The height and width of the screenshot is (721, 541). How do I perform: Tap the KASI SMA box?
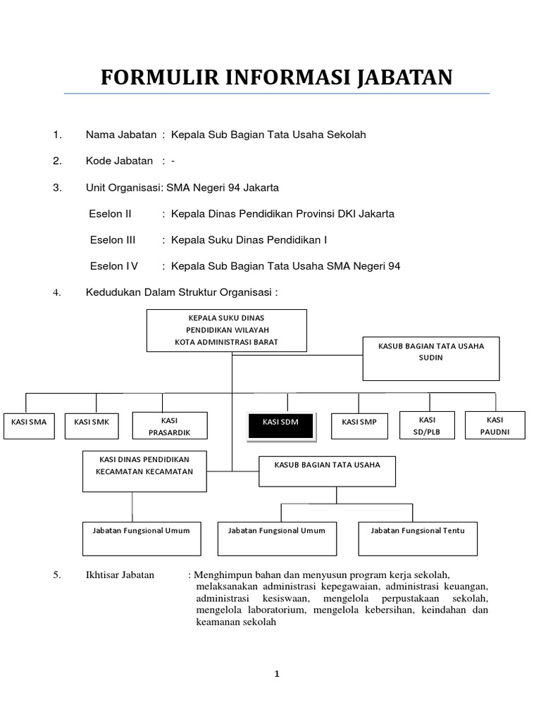pyautogui.click(x=29, y=425)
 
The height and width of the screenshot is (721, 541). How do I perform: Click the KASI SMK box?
pyautogui.click(x=92, y=425)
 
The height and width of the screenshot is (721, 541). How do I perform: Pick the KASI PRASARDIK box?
pyautogui.click(x=170, y=425)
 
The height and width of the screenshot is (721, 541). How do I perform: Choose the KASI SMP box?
pyautogui.click(x=359, y=425)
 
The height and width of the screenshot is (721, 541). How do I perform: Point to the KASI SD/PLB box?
pyautogui.click(x=427, y=425)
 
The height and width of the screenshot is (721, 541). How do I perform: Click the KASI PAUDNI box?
pyautogui.click(x=495, y=425)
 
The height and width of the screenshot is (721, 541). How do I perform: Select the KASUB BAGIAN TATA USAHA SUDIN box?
pyautogui.click(x=431, y=358)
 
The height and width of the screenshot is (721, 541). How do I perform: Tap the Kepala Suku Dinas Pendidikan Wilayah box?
pyautogui.click(x=227, y=330)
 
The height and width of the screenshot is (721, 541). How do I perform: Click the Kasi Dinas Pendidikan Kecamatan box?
pyautogui.click(x=144, y=471)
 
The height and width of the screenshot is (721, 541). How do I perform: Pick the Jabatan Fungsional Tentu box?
pyautogui.click(x=418, y=539)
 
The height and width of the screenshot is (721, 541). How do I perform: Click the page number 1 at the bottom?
pyautogui.click(x=277, y=674)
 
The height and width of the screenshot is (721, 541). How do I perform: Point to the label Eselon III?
pyautogui.click(x=113, y=240)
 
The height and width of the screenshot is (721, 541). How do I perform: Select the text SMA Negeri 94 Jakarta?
pyautogui.click(x=223, y=187)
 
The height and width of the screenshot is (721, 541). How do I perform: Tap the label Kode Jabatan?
pyautogui.click(x=119, y=161)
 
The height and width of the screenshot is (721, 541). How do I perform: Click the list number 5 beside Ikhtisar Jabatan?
pyautogui.click(x=57, y=575)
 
